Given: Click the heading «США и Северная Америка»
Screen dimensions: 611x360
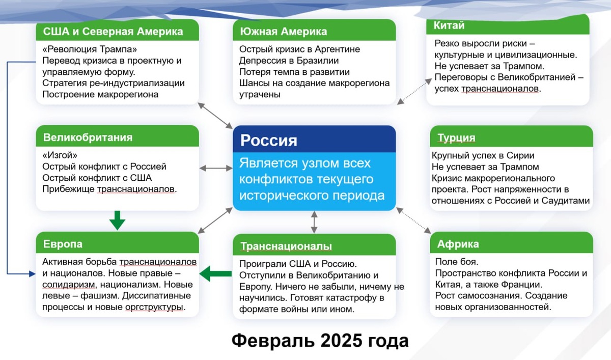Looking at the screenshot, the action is [113, 32].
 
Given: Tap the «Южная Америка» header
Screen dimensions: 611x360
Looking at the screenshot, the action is [284, 32].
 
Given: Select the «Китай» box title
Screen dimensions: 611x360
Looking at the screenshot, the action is [449, 25].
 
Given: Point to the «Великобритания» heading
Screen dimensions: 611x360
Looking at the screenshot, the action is [88, 137].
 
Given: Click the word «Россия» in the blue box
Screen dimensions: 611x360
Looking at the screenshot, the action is [269, 140].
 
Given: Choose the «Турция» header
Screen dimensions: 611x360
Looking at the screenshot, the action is [456, 138].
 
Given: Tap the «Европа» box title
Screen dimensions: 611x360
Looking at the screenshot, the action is [63, 244].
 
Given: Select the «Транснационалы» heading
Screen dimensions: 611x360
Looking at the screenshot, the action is [286, 246].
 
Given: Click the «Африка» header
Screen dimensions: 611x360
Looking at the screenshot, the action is [458, 244].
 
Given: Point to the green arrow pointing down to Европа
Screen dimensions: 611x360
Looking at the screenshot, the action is [118, 220].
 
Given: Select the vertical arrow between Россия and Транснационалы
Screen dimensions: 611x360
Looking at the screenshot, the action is [314, 222].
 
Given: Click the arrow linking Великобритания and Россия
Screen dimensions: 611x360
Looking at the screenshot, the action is [216, 168].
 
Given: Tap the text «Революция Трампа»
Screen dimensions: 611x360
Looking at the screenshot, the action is [90, 49].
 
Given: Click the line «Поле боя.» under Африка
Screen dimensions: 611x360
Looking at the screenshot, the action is [457, 262].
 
